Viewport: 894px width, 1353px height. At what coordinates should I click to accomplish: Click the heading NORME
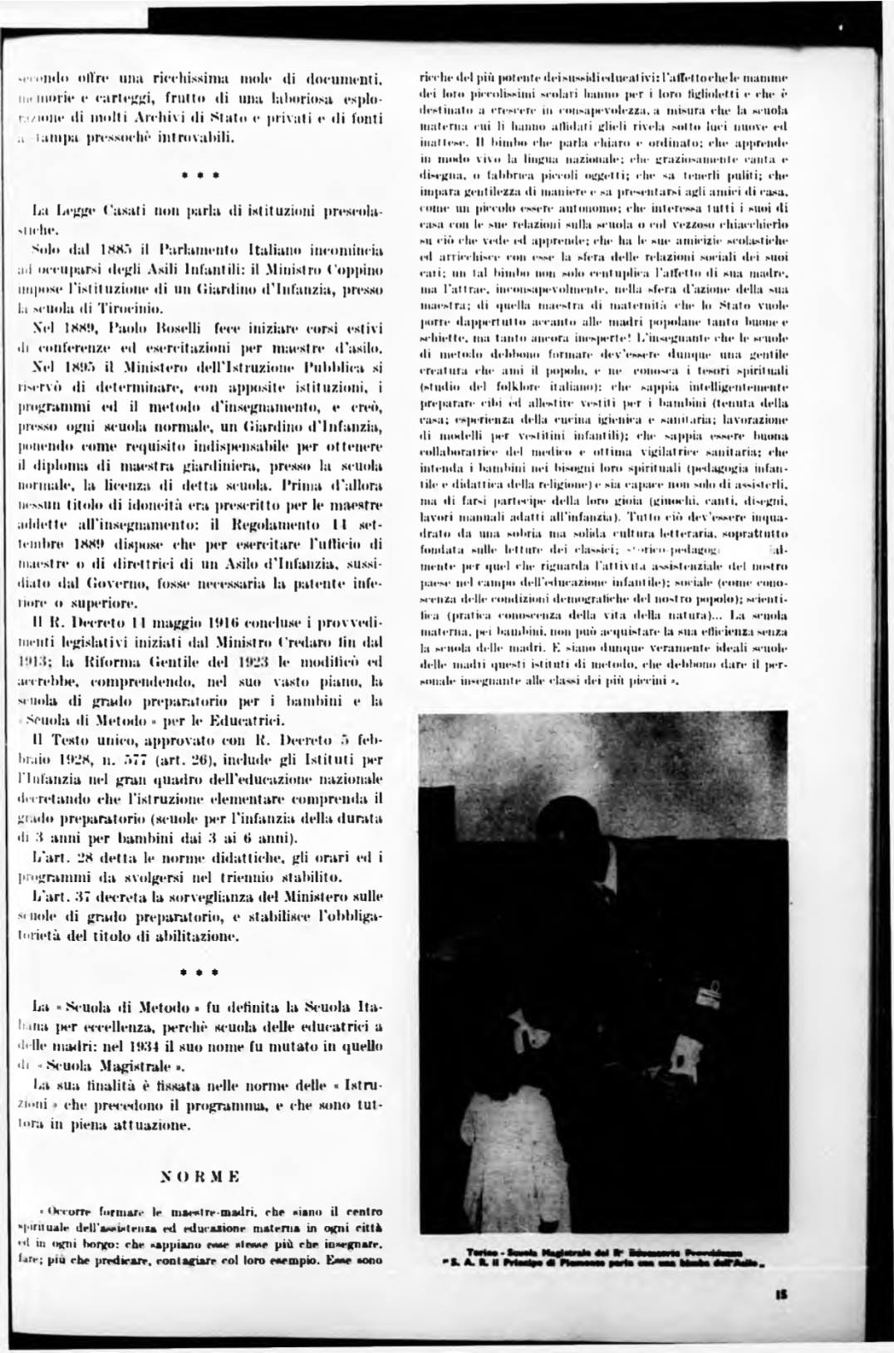point(199,1177)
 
